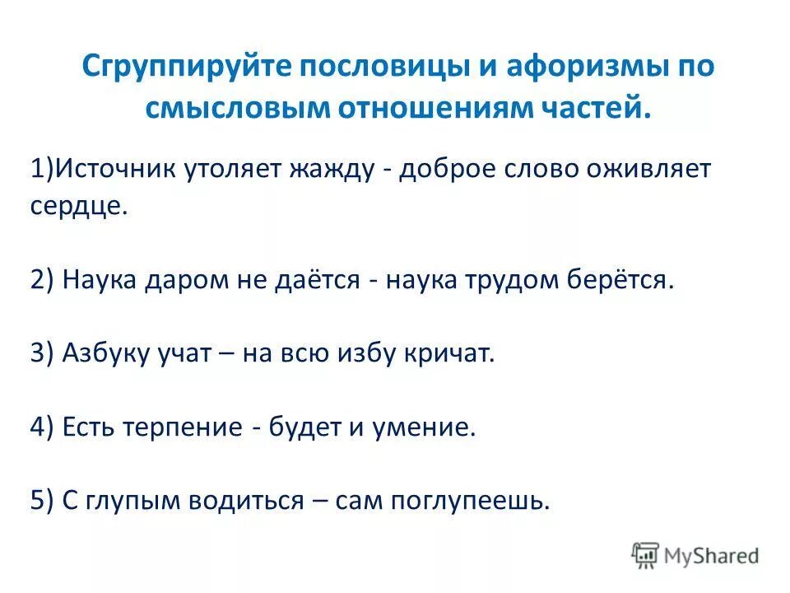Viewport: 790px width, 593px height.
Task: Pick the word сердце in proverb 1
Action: point(79,206)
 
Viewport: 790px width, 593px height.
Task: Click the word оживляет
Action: point(645,169)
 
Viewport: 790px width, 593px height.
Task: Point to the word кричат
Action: point(453,354)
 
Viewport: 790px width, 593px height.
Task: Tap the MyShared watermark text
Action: point(713,556)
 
